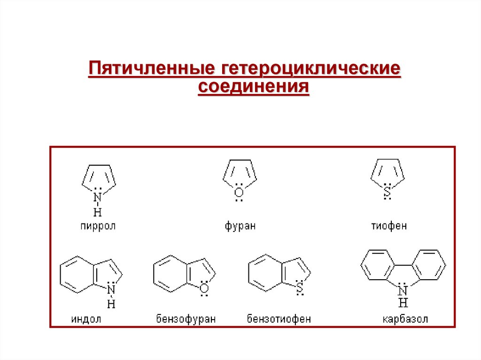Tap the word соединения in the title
(x=254, y=87)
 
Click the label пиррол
(x=97, y=226)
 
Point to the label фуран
(x=240, y=226)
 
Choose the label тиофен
(x=389, y=226)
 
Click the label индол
(x=86, y=320)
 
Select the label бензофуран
(x=186, y=320)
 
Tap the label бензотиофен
(x=279, y=320)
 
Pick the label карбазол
(x=405, y=320)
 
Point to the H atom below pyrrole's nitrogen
(x=97, y=211)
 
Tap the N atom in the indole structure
(x=111, y=290)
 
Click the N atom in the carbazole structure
(x=403, y=289)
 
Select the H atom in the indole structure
(x=111, y=304)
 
